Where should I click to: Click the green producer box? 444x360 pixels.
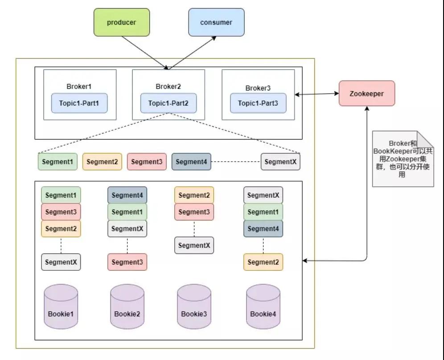click(x=122, y=22)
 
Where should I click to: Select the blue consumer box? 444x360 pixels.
click(x=216, y=22)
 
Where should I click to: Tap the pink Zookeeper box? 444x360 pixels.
click(x=367, y=94)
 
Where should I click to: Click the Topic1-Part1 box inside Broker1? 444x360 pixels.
click(x=79, y=103)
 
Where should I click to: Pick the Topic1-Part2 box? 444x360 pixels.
click(x=169, y=103)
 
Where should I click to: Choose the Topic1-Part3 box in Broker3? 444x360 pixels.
click(x=258, y=103)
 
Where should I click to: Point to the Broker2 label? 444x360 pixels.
click(x=168, y=87)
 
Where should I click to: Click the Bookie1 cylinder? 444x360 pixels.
click(x=61, y=307)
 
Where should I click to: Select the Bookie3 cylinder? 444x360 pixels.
click(x=194, y=307)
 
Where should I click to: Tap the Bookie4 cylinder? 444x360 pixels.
click(x=263, y=307)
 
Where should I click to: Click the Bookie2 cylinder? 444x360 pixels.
click(x=127, y=307)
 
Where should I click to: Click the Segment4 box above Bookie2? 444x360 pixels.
click(x=127, y=195)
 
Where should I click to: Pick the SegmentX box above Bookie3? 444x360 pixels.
click(x=194, y=245)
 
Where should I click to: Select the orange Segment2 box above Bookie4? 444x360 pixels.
click(x=263, y=262)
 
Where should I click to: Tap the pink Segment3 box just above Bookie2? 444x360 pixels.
click(x=127, y=262)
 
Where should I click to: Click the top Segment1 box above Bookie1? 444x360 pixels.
click(x=61, y=195)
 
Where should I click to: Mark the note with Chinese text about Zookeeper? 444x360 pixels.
click(x=403, y=159)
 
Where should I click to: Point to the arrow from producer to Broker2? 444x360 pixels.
click(x=145, y=53)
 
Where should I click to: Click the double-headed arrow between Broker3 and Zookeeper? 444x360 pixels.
click(x=317, y=94)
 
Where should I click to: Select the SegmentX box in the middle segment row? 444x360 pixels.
click(x=280, y=161)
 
